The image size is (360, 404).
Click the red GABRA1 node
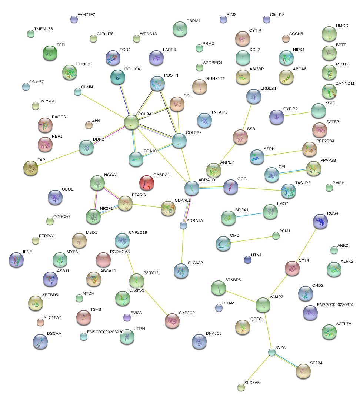coord(146,183)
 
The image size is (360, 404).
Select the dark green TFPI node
coord(50,53)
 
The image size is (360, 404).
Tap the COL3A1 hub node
coord(131,122)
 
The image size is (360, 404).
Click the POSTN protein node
coord(157,84)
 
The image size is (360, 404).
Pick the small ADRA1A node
coord(183,226)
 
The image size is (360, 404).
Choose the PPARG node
coord(125,203)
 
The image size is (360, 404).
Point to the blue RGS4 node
coord(320,221)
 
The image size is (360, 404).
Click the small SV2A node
coord(272,352)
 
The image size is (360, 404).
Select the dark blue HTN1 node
coord(248,260)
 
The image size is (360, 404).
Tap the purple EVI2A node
coord(127,317)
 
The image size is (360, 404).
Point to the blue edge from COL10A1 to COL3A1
coord(124,100)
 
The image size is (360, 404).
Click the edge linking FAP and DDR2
coord(59,158)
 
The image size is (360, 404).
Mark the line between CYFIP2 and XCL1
coord(297,114)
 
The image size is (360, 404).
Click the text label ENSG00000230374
coord(335,304)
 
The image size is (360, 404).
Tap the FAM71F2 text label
coord(86,15)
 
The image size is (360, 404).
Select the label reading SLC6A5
coord(252,383)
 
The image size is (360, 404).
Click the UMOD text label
coord(342,26)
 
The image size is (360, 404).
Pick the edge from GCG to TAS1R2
coord(259,189)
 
